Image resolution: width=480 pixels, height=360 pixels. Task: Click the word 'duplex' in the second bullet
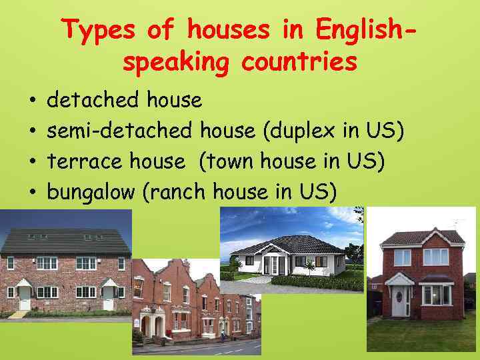click(x=304, y=131)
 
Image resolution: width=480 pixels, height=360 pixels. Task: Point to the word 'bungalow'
click(x=92, y=193)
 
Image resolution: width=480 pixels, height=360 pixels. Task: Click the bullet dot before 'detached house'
click(x=33, y=102)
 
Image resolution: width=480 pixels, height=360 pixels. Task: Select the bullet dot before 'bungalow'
click(x=33, y=193)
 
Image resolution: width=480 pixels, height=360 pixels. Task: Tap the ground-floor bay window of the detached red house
click(x=437, y=294)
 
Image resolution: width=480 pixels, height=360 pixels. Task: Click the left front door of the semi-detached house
click(x=25, y=298)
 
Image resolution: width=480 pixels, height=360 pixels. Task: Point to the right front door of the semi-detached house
click(x=108, y=298)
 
